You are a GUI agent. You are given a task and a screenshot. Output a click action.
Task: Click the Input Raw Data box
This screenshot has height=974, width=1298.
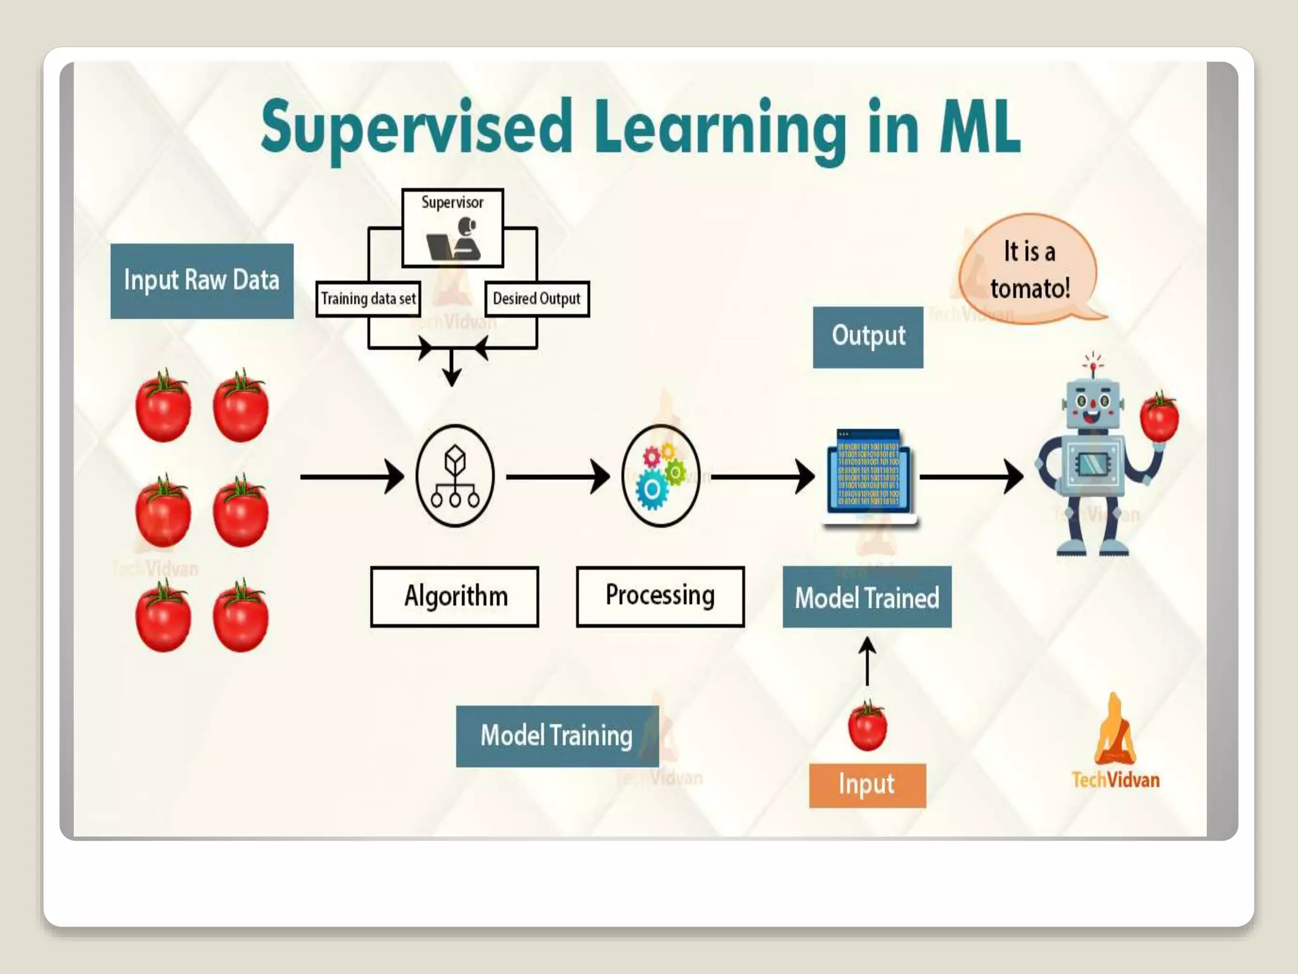pyautogui.click(x=202, y=281)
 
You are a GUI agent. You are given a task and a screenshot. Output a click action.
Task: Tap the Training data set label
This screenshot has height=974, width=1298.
pyautogui.click(x=368, y=299)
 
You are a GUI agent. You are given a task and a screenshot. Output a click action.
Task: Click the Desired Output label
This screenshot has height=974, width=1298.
pyautogui.click(x=537, y=299)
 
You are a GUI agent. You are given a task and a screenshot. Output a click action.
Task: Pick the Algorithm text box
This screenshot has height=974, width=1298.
pyautogui.click(x=455, y=597)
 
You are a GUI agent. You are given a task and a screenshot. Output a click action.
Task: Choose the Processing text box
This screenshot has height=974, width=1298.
pyautogui.click(x=660, y=596)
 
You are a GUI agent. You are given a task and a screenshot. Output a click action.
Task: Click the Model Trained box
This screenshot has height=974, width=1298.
pyautogui.click(x=866, y=597)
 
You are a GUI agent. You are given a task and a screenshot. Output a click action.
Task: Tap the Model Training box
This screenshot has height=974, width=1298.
pyautogui.click(x=557, y=736)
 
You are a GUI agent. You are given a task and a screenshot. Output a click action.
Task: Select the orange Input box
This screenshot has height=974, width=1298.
pyautogui.click(x=867, y=785)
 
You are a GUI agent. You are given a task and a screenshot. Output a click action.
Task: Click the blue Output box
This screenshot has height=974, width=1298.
pyautogui.click(x=868, y=337)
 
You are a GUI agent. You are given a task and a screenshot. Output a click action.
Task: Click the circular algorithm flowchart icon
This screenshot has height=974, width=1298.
pyautogui.click(x=455, y=476)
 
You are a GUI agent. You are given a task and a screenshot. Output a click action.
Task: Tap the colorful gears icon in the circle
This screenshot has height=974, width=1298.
pyautogui.click(x=660, y=476)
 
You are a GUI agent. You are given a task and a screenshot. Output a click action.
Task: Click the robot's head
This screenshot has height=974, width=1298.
pyautogui.click(x=1092, y=403)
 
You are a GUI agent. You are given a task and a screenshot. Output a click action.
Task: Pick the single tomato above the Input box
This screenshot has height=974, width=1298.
pyautogui.click(x=867, y=727)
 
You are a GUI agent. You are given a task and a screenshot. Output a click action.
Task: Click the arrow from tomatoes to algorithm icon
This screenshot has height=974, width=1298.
pyautogui.click(x=352, y=476)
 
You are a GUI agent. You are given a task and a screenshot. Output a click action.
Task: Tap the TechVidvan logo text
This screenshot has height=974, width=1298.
pyautogui.click(x=1115, y=779)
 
